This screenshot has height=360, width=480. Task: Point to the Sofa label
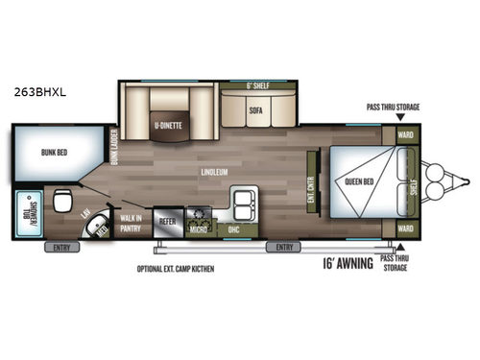coord(255,109)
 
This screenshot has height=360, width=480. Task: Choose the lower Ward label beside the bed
coord(406,228)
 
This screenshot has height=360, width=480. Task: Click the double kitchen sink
coord(242,203)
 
